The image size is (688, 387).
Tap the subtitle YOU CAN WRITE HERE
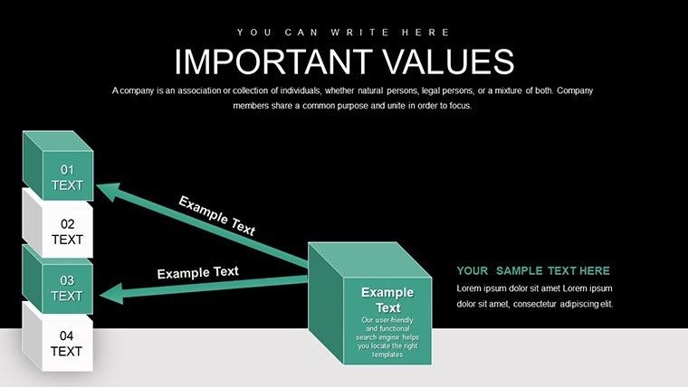point(343,32)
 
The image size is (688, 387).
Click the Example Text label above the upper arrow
point(216,215)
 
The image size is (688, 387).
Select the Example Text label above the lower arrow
point(197,272)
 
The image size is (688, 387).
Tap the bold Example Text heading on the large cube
point(387,300)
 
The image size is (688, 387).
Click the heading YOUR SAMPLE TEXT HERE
point(533,270)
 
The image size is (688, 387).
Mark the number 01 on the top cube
point(67,169)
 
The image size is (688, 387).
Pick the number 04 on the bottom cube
point(67,335)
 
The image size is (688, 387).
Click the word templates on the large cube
point(387,355)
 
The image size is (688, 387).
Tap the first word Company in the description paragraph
point(130,90)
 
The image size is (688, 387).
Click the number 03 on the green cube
point(67,280)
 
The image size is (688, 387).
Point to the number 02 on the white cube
point(67,224)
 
